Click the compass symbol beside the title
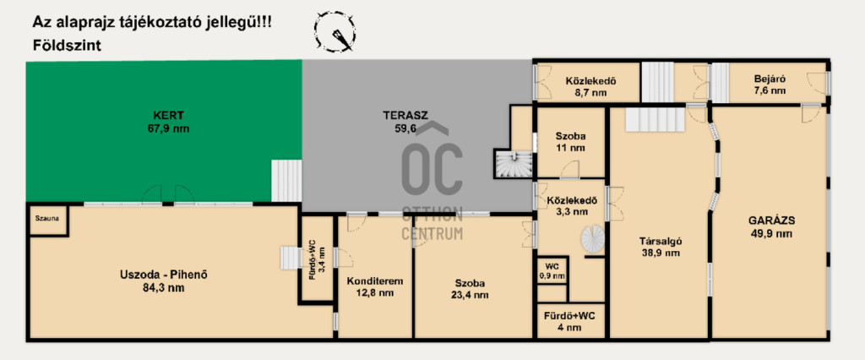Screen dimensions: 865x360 coord(335,33)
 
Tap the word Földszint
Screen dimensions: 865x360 coord(67,46)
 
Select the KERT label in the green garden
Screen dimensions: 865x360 coord(169,116)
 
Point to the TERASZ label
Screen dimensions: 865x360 coord(405,116)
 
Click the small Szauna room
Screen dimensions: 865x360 coord(47,220)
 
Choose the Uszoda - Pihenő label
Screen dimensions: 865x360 coord(158,275)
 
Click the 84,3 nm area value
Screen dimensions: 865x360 coord(160,287)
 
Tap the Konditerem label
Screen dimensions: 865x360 coord(375,281)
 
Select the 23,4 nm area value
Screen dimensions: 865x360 coord(470,295)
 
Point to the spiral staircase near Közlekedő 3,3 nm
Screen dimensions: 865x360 coord(592,238)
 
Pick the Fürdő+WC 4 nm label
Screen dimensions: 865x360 coord(571,322)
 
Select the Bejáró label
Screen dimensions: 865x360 coord(770,79)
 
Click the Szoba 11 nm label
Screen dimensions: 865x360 coord(570,142)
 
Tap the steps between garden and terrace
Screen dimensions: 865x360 coord(286,181)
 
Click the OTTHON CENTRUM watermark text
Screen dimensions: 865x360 coord(432,221)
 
